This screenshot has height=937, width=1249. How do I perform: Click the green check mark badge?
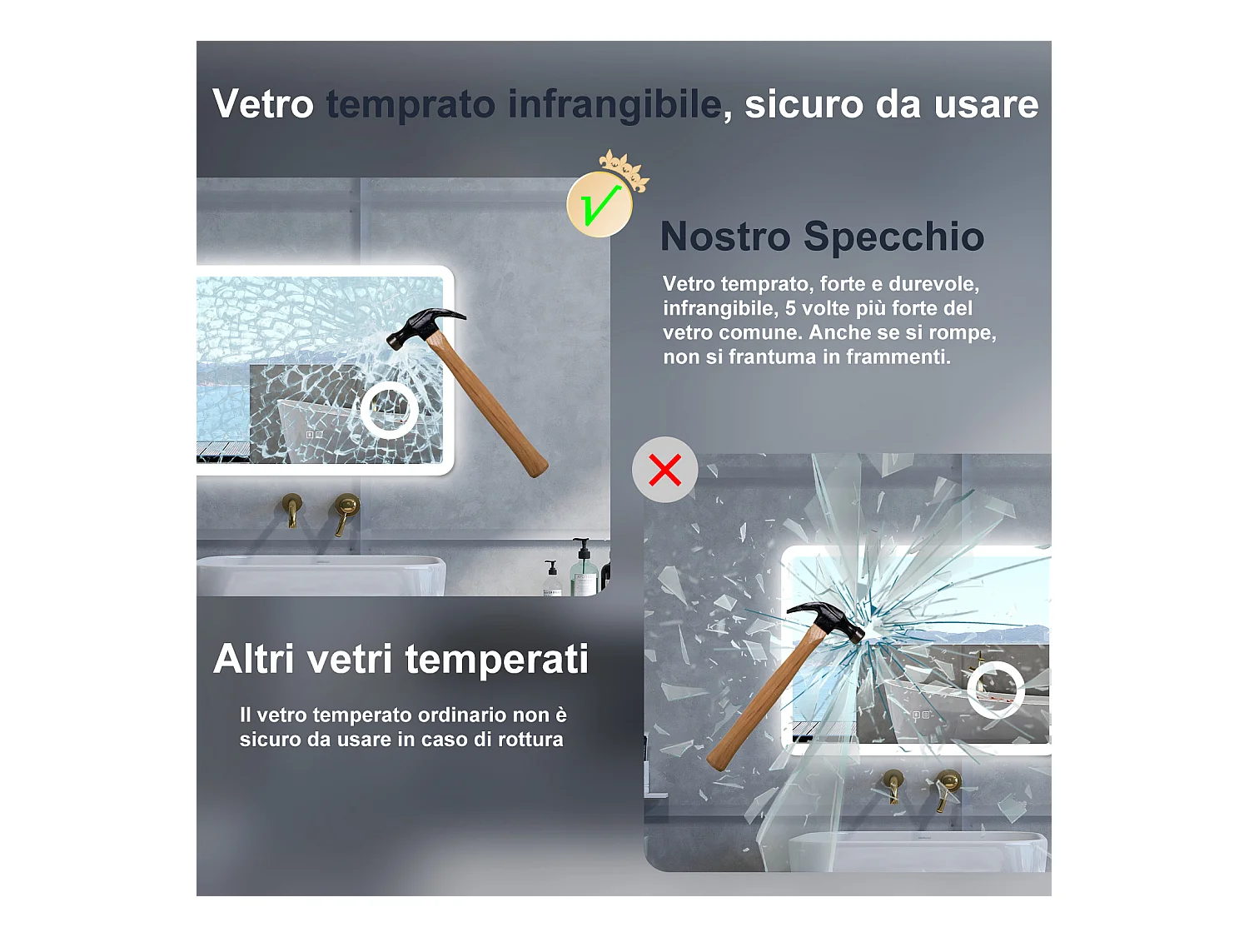point(600,204)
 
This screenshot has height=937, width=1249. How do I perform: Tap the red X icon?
point(664,470)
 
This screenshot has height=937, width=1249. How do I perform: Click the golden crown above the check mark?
point(624,169)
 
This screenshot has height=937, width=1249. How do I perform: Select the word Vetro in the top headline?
point(263,104)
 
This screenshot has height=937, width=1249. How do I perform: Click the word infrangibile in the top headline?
point(615,105)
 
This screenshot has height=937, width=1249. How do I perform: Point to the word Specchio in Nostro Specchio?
point(894,237)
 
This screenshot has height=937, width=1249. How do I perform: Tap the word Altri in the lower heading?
point(254,659)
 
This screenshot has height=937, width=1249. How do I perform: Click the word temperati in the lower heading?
point(496,660)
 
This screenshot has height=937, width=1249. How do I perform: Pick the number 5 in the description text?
point(790,308)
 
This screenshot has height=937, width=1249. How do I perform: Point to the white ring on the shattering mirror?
point(970,690)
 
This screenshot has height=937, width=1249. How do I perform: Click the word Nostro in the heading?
point(725,237)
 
